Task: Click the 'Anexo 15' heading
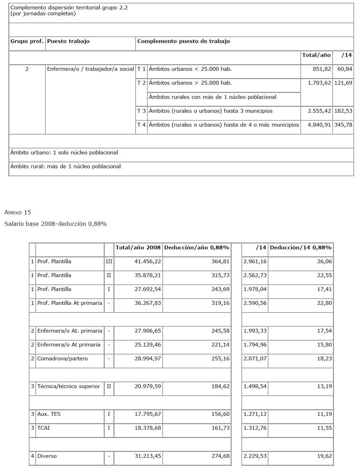coord(18,212)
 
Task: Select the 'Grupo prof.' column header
coord(27,41)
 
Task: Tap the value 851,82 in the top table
coord(322,69)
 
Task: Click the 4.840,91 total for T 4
coord(319,125)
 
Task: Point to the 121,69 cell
coord(343,83)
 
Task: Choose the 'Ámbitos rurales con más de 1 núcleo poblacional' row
coord(213,97)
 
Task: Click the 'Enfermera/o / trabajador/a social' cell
coord(90,69)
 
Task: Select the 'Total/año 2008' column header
coord(138,248)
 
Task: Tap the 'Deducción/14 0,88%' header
coord(300,248)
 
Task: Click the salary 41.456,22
coord(148,262)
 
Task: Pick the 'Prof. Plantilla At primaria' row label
coord(70,303)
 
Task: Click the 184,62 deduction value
coord(221,386)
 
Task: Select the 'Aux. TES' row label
coord(49,414)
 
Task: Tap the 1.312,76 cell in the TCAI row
coord(255,428)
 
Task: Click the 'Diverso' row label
coord(47,456)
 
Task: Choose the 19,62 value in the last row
coord(324,456)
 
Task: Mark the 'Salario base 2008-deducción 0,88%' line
coord(55,224)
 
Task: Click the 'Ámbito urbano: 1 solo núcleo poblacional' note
coord(64,153)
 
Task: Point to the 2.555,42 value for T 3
coord(319,111)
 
